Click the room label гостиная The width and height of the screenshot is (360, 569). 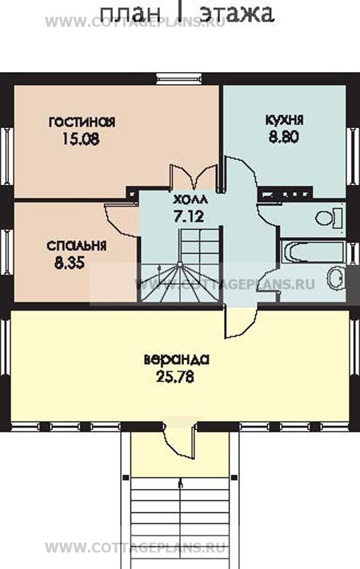tap(82, 122)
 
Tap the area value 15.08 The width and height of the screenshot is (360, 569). tap(82, 138)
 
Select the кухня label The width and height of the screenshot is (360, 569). tap(285, 120)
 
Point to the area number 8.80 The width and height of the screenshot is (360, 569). tap(285, 136)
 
